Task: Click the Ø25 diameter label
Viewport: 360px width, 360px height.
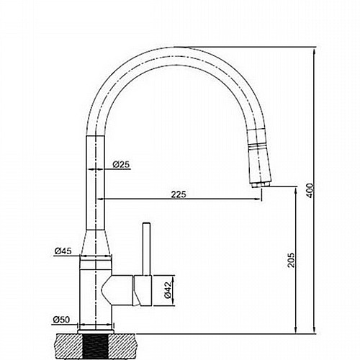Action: pos(121,164)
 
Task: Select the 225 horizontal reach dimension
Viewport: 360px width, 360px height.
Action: pos(179,194)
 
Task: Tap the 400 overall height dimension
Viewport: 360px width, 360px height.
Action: pos(310,190)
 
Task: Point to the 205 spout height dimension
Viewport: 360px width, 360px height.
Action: pos(291,260)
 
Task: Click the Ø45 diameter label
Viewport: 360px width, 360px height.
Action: pos(63,251)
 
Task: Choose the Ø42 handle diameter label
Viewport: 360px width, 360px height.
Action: pos(168,289)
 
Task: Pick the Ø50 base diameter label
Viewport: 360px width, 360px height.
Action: pos(61,320)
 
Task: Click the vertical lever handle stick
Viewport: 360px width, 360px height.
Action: pos(146,249)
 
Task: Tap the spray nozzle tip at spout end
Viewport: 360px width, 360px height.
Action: pos(261,185)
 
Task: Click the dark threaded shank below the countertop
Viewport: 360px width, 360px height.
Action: pos(96,346)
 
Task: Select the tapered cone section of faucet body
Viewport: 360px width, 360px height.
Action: pos(96,243)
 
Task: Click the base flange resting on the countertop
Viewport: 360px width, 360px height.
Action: pos(96,332)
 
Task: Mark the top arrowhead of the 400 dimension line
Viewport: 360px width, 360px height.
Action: pos(315,50)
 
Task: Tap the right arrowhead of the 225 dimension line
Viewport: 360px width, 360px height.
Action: pos(258,199)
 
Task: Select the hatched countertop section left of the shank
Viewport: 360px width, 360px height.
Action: pos(68,346)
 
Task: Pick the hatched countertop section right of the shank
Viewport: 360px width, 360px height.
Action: pos(122,346)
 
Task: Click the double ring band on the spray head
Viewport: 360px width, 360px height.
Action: pos(258,146)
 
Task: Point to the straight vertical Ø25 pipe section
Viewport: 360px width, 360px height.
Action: pos(96,183)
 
